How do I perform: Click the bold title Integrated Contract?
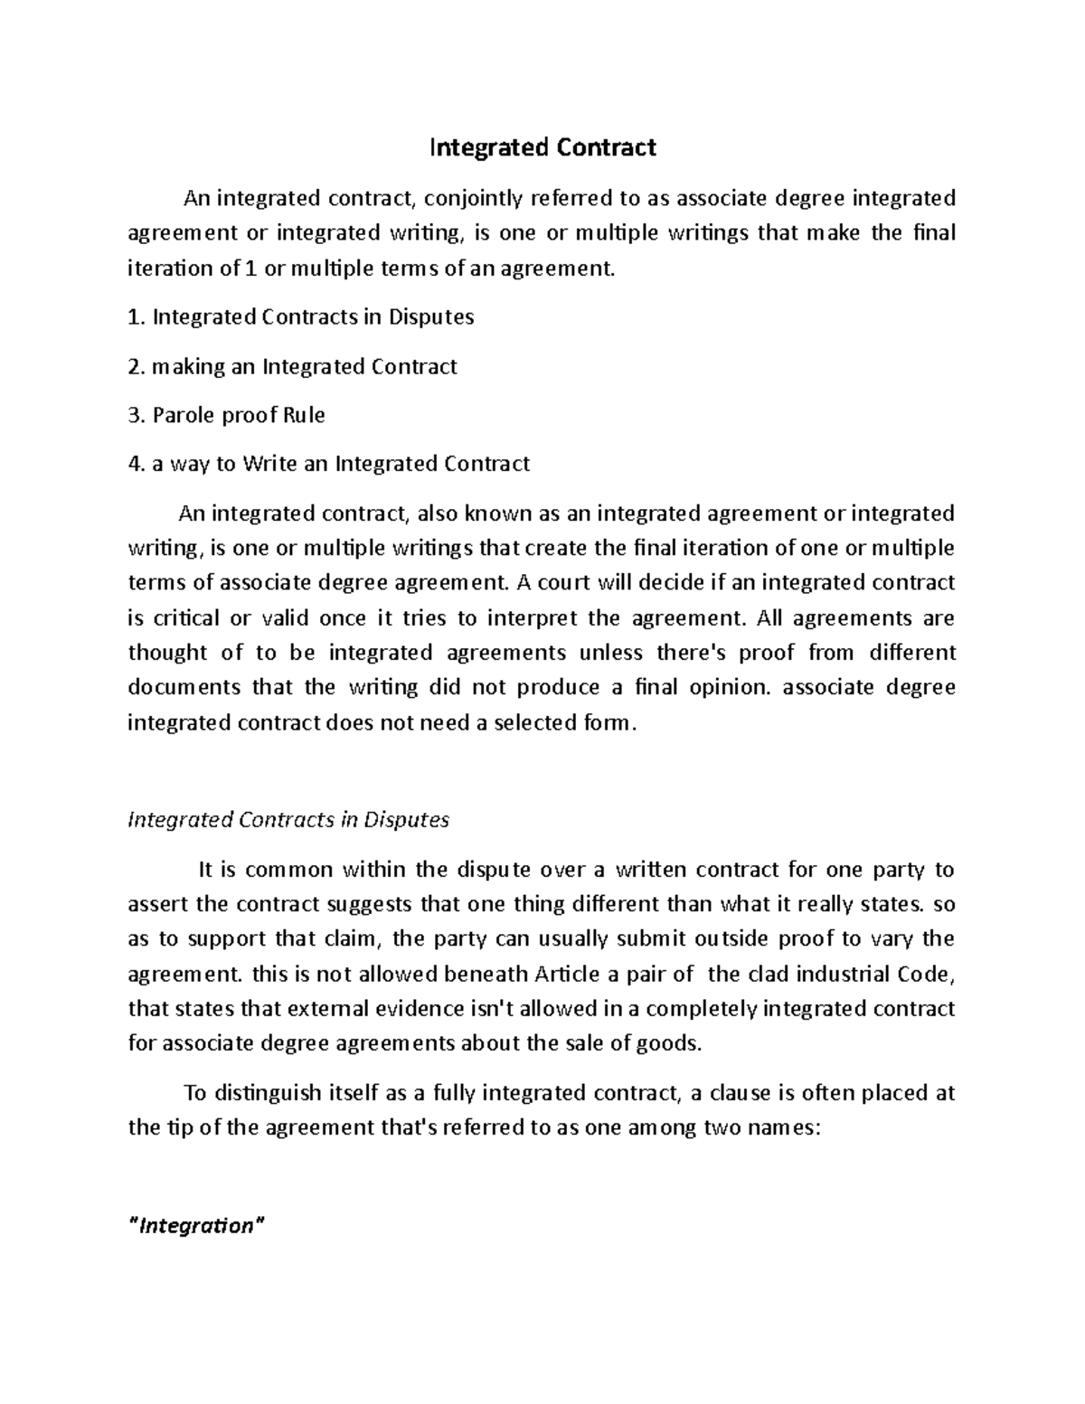click(x=542, y=147)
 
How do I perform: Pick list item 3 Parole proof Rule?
click(x=226, y=415)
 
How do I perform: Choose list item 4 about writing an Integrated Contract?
click(x=329, y=464)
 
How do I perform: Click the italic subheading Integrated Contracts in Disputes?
click(x=288, y=820)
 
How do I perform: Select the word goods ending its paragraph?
click(x=674, y=1043)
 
